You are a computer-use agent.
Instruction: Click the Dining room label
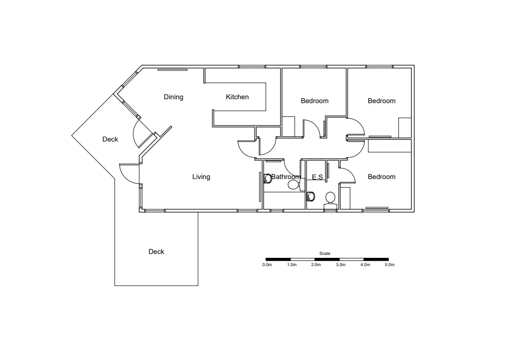tap(173, 97)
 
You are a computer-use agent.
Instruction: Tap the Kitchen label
tap(237, 97)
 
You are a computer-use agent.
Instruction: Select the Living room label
tap(201, 177)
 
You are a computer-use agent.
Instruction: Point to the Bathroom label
tap(286, 177)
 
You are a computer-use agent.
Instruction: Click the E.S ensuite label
tap(317, 177)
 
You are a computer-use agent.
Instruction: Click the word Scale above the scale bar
tap(325, 253)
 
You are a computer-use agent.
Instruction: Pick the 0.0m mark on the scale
tap(267, 265)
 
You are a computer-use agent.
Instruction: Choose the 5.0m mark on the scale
tap(389, 265)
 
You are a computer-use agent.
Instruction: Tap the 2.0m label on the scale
tap(315, 265)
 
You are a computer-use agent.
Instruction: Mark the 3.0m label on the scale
tap(340, 265)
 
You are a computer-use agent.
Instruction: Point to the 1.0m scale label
tap(292, 265)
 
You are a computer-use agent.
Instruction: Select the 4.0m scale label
tap(365, 265)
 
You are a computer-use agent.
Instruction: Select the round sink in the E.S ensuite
tap(311, 197)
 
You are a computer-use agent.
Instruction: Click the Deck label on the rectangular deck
tap(156, 252)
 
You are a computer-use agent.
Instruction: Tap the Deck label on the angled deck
tap(110, 139)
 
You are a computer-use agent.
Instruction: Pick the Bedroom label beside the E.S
tap(381, 177)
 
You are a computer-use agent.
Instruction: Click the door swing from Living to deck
tap(128, 173)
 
